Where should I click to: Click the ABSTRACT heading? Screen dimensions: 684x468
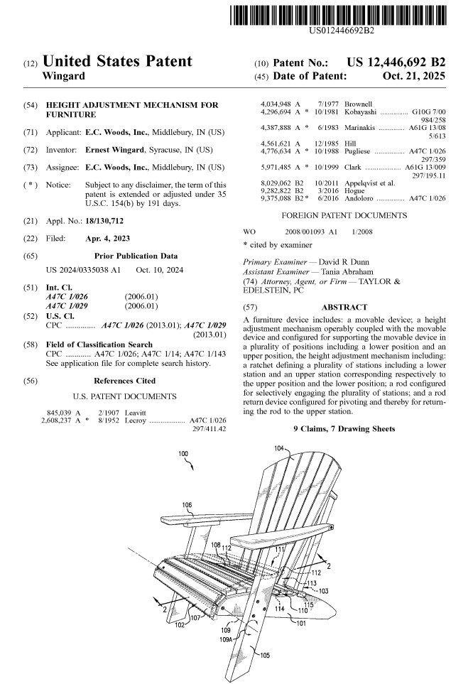(344, 308)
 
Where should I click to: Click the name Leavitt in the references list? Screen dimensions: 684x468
(136, 411)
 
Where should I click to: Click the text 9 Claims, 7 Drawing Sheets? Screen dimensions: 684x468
(344, 428)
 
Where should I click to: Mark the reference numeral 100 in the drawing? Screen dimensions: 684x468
(183, 454)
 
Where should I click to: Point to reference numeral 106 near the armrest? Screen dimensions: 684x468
(186, 505)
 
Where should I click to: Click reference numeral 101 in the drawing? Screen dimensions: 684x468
(301, 623)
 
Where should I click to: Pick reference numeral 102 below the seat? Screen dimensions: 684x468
(180, 625)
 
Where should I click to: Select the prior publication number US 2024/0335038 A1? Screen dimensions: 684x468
(83, 270)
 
